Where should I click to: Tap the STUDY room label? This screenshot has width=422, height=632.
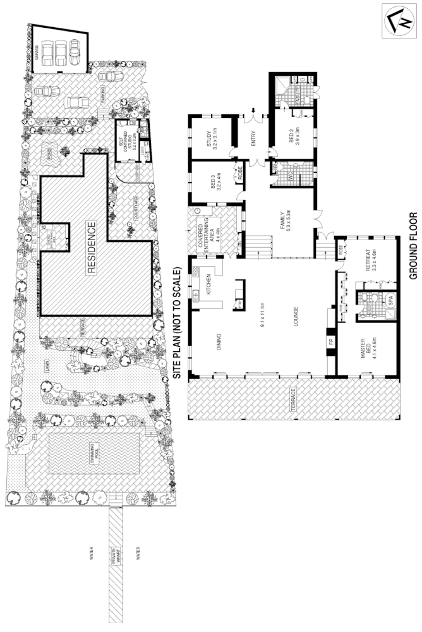pyautogui.click(x=210, y=138)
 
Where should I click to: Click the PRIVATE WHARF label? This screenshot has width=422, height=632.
pyautogui.click(x=116, y=555)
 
